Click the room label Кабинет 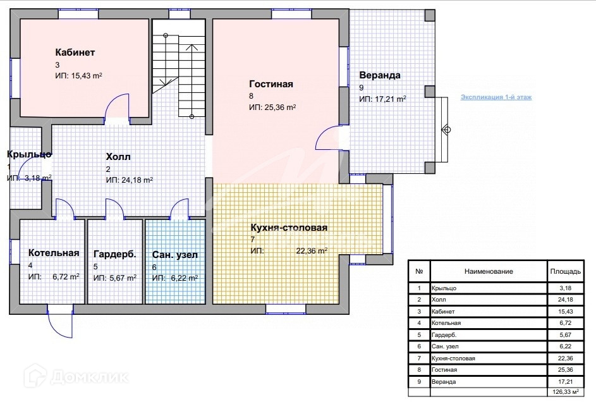(75, 52)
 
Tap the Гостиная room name (271, 83)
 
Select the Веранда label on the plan (380, 75)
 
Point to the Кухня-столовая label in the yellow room (289, 227)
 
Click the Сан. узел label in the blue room (175, 255)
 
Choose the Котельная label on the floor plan (54, 253)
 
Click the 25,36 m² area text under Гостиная (280, 107)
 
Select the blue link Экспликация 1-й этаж (496, 97)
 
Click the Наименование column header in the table (489, 271)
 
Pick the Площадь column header (565, 271)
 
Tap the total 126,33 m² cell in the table (565, 392)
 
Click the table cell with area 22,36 (565, 358)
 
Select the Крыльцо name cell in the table (444, 288)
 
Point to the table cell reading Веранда (444, 382)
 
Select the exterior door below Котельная (59, 321)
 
